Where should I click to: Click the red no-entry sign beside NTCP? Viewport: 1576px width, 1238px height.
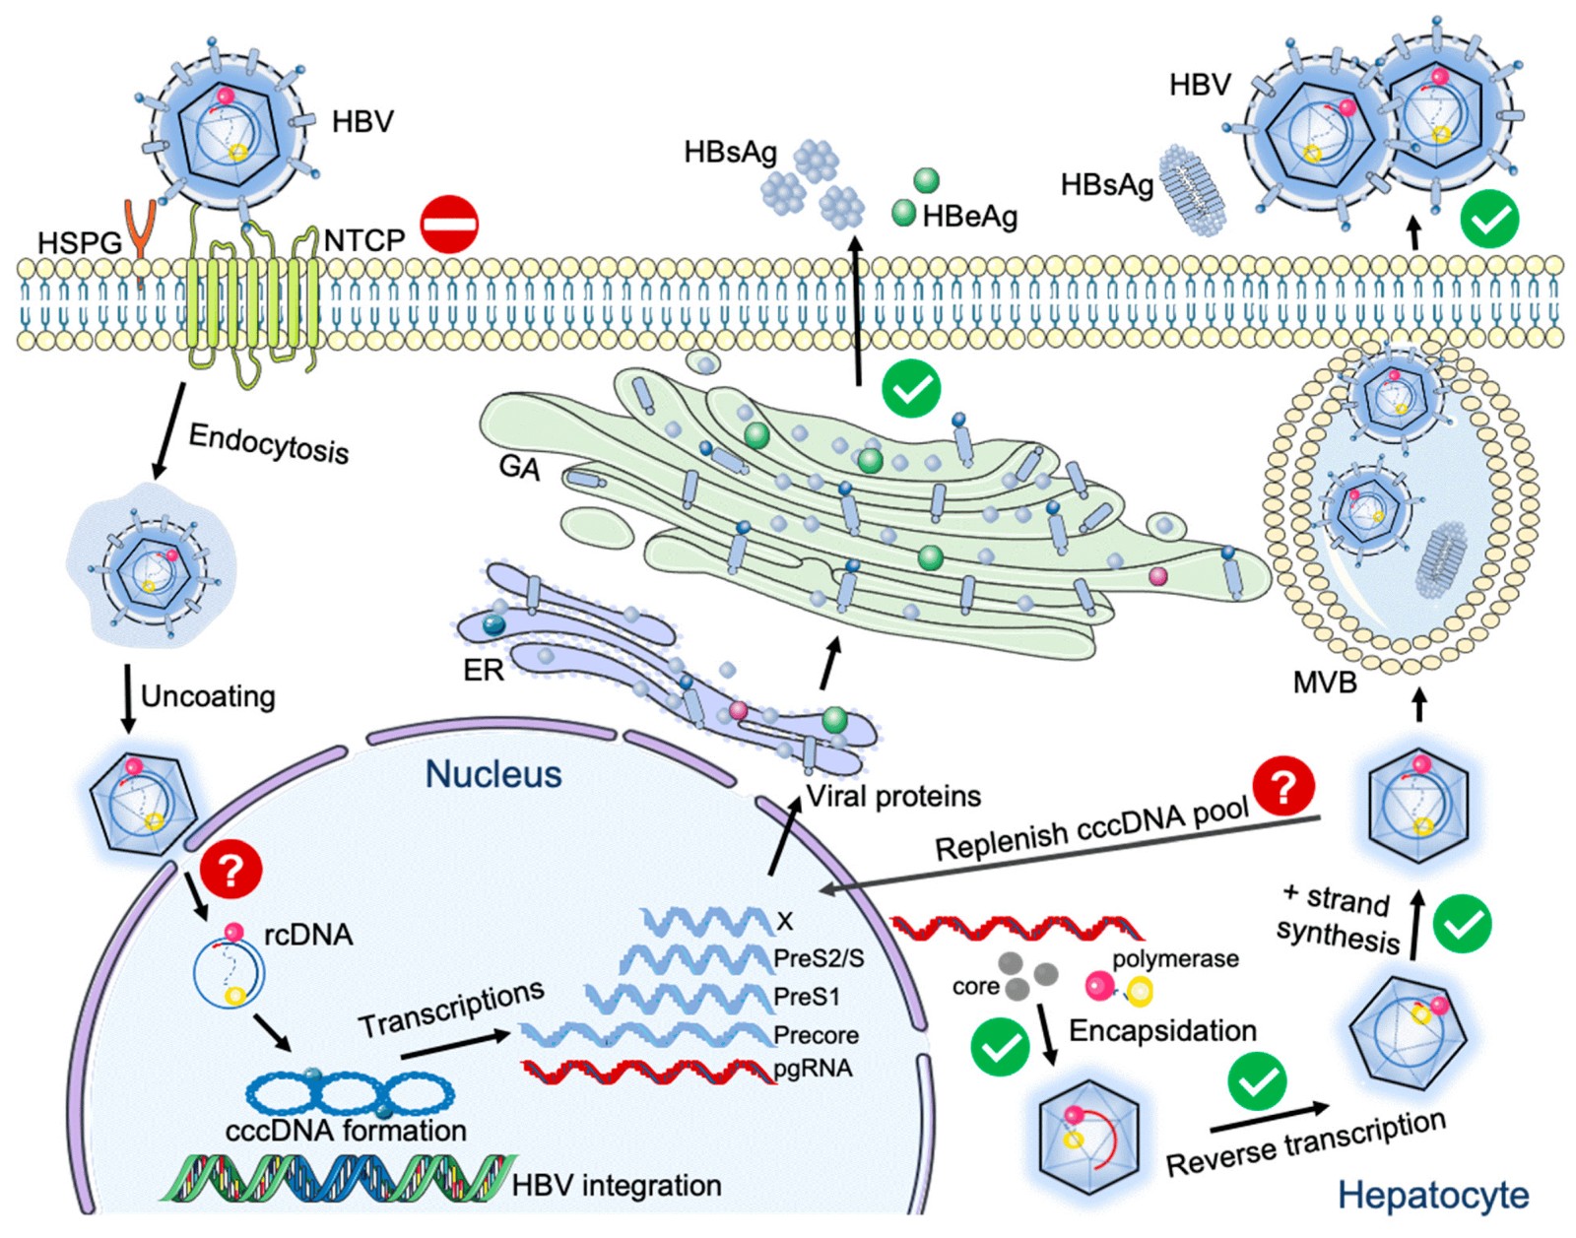(x=449, y=225)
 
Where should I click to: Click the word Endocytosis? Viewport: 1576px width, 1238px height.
(x=268, y=442)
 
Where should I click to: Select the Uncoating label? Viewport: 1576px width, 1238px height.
(x=208, y=696)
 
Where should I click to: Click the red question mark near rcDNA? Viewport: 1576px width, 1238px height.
(x=231, y=870)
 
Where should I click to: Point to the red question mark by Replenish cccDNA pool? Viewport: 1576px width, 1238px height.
(x=1283, y=786)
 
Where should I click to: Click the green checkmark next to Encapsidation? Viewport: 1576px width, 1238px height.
(x=1000, y=1047)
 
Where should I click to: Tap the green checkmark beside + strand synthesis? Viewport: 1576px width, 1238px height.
(x=1462, y=924)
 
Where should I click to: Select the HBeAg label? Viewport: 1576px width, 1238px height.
(x=969, y=217)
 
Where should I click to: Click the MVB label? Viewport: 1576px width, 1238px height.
(x=1324, y=683)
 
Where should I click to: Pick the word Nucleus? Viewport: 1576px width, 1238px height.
(x=493, y=774)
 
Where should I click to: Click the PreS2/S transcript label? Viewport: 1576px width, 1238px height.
(x=819, y=957)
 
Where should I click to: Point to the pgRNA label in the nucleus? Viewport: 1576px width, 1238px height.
(x=813, y=1069)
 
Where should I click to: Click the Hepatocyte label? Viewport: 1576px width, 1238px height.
(x=1432, y=1195)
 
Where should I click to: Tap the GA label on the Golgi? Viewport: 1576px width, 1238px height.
(x=519, y=467)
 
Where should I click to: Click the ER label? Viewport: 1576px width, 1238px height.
(x=483, y=671)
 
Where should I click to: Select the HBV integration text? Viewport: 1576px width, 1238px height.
(x=617, y=1185)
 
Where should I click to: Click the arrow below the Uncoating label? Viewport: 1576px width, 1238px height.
(x=127, y=699)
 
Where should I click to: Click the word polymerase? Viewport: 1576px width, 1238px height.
(x=1175, y=958)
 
